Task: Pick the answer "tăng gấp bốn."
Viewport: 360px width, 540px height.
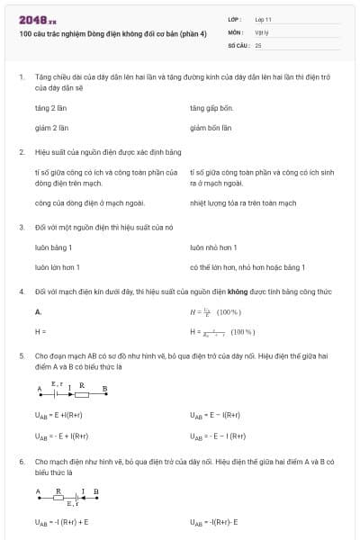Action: (x=212, y=107)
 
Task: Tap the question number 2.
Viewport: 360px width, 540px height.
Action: (x=21, y=152)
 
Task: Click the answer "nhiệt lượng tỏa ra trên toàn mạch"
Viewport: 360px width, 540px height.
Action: (x=242, y=203)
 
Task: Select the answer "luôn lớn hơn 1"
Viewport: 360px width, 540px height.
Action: (x=57, y=267)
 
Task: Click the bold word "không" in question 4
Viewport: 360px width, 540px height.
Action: (x=238, y=292)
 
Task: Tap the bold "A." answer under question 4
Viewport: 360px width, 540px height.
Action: (x=39, y=311)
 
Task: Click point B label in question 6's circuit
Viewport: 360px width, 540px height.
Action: (x=96, y=491)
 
